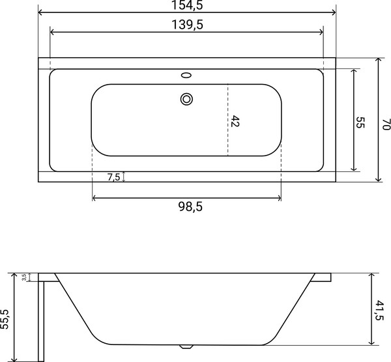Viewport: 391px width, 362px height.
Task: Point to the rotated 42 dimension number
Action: [236, 120]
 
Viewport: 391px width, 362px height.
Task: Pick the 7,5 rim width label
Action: [113, 177]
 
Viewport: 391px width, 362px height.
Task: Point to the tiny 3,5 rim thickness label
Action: [24, 277]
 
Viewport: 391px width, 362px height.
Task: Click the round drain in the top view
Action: [187, 100]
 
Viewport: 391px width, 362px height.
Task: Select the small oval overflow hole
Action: [188, 75]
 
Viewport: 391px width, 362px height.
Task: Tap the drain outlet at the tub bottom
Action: [187, 346]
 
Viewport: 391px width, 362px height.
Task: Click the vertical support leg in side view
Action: [40, 319]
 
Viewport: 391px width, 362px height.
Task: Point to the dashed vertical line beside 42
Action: [227, 120]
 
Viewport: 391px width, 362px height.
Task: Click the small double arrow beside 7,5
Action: [124, 177]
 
